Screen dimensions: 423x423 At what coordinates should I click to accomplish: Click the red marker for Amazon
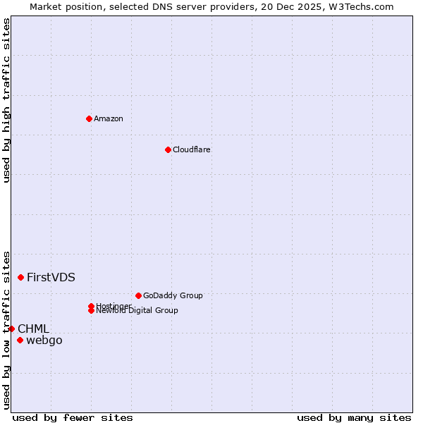click(89, 118)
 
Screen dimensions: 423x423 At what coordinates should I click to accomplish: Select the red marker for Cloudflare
click(168, 149)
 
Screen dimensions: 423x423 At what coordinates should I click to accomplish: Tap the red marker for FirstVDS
click(21, 277)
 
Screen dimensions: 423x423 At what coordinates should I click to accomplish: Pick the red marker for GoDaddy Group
click(138, 295)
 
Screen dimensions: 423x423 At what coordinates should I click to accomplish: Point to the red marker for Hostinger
click(92, 306)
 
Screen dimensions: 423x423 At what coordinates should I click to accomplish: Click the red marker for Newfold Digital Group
click(92, 310)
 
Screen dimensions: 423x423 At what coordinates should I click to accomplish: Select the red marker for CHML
click(11, 329)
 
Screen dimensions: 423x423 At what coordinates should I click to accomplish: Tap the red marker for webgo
click(20, 340)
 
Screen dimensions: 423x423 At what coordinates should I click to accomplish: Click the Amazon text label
click(109, 118)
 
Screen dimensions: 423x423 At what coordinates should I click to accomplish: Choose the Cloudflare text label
click(192, 149)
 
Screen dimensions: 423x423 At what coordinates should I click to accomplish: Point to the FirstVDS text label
click(51, 277)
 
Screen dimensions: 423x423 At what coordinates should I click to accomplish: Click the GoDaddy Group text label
click(173, 295)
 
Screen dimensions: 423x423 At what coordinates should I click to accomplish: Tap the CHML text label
click(33, 329)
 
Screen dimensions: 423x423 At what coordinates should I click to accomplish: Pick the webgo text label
click(44, 341)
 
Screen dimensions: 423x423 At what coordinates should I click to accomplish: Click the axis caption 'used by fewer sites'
click(73, 417)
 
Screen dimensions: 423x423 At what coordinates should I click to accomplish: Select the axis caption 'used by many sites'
click(354, 417)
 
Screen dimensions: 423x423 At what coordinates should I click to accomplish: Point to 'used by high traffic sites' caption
click(6, 100)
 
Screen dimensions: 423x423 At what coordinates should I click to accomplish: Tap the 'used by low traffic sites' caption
click(6, 330)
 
